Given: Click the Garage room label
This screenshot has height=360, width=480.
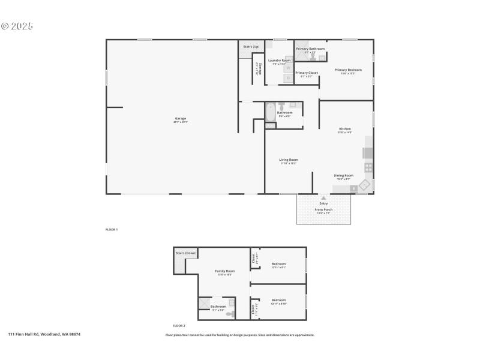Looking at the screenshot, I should click(x=180, y=119).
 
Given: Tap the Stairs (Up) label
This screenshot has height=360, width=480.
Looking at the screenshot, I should click(x=251, y=46).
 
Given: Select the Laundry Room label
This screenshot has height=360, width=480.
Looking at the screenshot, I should click(x=279, y=61).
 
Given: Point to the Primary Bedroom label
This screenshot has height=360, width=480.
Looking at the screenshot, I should click(x=348, y=70).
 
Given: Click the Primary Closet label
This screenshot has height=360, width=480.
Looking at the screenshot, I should click(x=306, y=73).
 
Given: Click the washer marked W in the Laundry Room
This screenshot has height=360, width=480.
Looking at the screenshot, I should click(x=288, y=68).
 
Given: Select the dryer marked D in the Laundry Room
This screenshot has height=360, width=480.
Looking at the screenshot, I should click(x=288, y=78).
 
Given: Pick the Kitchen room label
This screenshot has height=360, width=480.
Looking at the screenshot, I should click(x=345, y=129).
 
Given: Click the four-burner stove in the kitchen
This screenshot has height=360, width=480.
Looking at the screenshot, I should click(x=368, y=168).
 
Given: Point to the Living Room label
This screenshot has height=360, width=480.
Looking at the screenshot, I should click(x=289, y=160).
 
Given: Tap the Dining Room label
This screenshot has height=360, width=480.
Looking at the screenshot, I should click(x=344, y=175).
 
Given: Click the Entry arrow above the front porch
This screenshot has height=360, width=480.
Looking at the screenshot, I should click(x=323, y=197).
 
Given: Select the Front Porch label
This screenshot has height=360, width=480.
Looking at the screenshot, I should click(x=323, y=209).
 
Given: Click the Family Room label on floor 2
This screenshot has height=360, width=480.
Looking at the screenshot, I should click(x=225, y=271).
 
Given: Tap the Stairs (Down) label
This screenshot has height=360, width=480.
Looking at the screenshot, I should click(x=186, y=253).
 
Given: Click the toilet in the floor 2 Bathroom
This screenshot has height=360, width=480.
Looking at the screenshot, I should click(x=232, y=302).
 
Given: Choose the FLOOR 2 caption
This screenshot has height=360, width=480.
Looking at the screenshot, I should click(x=179, y=325).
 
